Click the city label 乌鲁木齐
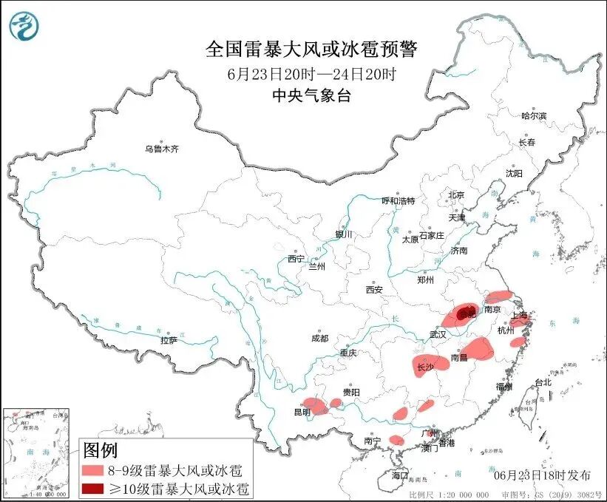[x=161, y=149]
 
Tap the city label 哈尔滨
[x=533, y=116]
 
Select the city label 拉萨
[x=169, y=341]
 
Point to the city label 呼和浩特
[x=398, y=200]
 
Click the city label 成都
[x=319, y=339]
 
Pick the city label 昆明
[x=302, y=412]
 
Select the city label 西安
[x=373, y=291]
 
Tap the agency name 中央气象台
[x=311, y=95]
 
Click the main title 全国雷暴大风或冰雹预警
[x=311, y=50]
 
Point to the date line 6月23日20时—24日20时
[x=311, y=74]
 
